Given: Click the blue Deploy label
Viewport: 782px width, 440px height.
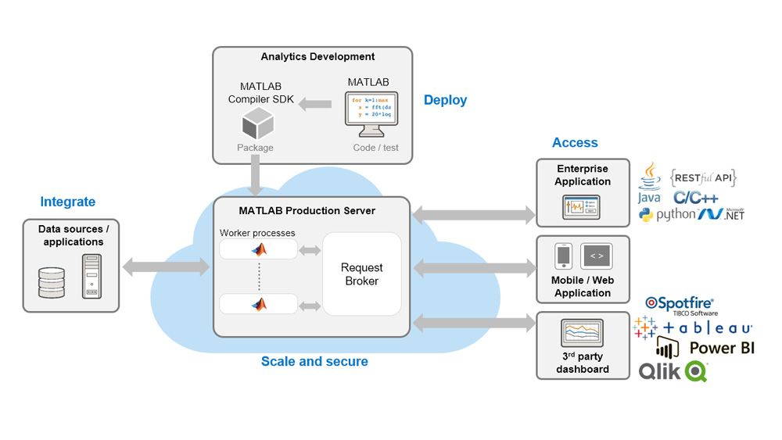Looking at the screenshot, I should point(445,100).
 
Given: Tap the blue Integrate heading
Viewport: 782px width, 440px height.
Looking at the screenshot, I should point(68,202).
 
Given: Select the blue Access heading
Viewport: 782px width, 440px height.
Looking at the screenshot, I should point(575,143).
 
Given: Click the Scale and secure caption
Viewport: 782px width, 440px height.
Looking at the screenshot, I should point(314,362).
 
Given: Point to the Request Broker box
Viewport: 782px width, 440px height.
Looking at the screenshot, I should point(361,274).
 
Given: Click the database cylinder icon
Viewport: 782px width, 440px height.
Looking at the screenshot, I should point(52,282).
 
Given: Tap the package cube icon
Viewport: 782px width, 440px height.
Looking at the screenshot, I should point(257,124).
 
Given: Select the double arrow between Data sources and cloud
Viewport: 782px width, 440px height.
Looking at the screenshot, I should point(166,267).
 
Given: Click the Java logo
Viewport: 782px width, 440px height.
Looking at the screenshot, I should point(649,184).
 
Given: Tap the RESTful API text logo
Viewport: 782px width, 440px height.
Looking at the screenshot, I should point(703,178).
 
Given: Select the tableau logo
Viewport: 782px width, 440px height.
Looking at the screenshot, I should point(693,327).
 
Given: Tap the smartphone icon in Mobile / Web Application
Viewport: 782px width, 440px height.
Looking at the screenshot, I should point(563,256).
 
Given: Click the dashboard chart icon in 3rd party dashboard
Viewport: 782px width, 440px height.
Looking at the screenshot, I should point(582,334).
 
